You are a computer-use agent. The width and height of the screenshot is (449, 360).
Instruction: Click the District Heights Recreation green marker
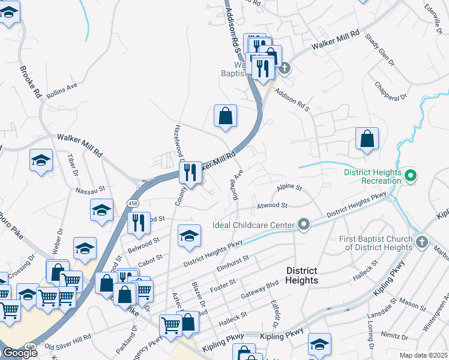click(411, 176)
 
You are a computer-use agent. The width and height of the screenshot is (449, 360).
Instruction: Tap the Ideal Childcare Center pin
click(304, 225)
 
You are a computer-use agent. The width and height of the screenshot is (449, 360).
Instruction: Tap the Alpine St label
click(289, 188)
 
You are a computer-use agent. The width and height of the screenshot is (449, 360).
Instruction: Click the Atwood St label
click(273, 205)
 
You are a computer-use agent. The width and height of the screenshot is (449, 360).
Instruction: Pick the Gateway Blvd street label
click(259, 287)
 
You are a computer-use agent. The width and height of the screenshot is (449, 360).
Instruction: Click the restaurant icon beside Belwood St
click(139, 223)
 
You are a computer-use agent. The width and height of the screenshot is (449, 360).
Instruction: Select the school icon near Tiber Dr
click(41, 161)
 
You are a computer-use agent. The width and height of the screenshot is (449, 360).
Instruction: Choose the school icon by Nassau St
click(102, 211)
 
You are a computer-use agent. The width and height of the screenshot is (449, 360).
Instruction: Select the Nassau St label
click(90, 190)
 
